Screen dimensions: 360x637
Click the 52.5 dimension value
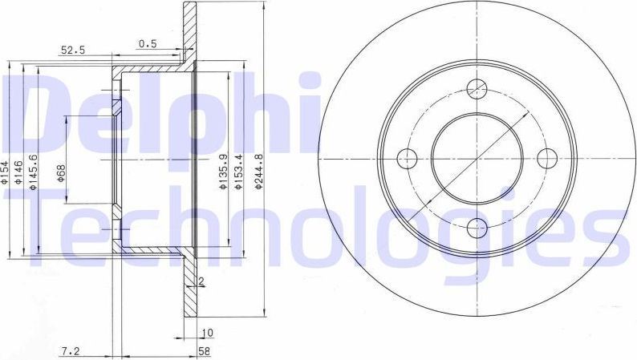[x=73, y=50]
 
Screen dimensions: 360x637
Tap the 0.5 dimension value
[x=147, y=43]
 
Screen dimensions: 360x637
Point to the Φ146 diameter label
[x=22, y=174]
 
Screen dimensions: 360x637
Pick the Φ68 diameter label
[x=61, y=174]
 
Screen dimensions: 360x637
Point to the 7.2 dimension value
[x=70, y=350]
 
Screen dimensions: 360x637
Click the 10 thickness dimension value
[x=205, y=331]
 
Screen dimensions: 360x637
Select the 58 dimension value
[x=205, y=350]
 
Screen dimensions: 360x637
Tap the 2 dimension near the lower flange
[x=201, y=281]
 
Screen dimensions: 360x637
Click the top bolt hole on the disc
[x=477, y=87]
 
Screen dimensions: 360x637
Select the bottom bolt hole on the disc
[x=477, y=226]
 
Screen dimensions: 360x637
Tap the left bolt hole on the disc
[x=407, y=156]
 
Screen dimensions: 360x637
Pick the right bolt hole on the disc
[x=546, y=156]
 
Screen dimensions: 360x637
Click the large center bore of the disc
[x=477, y=156]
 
